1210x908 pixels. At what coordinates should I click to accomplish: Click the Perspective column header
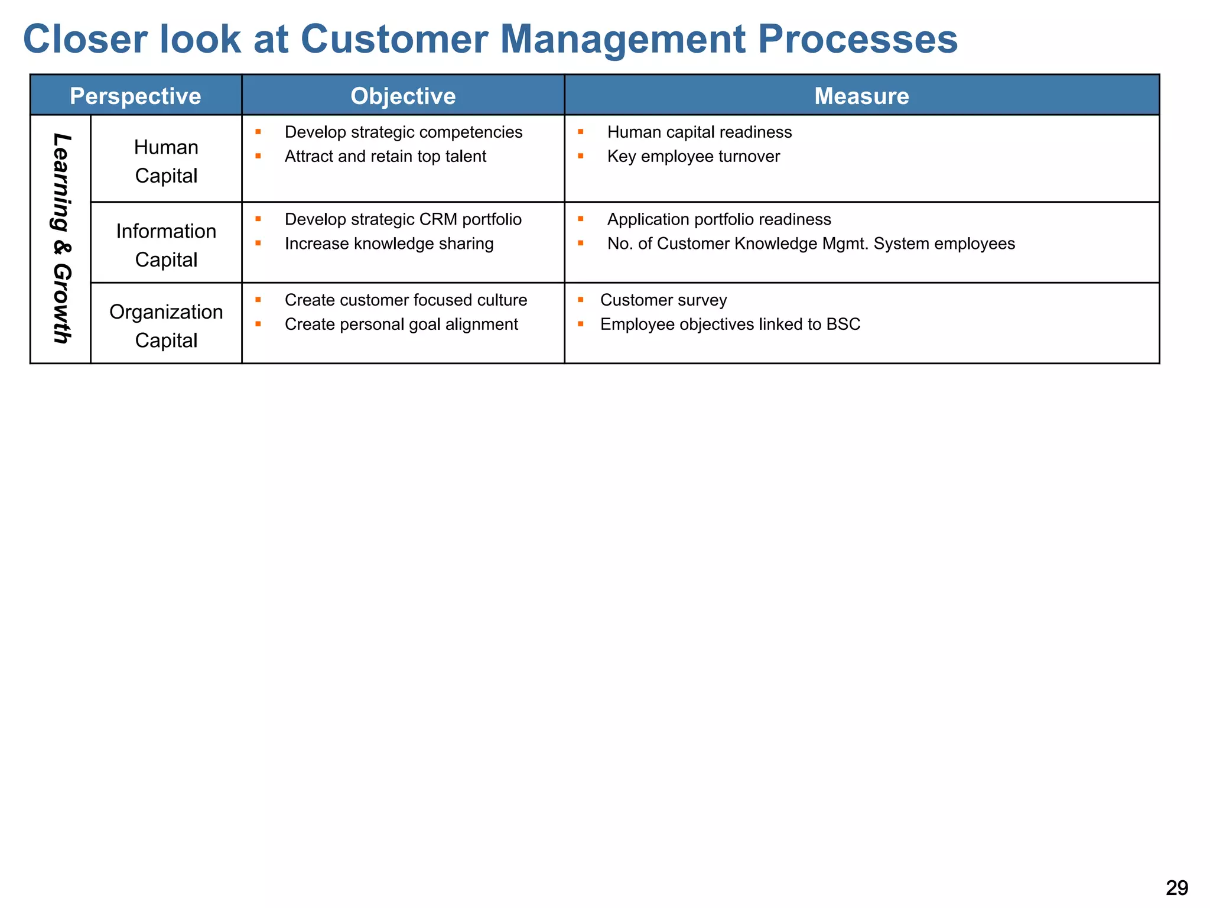(135, 96)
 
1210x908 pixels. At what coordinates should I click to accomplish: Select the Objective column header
(403, 96)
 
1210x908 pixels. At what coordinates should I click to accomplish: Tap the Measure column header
(861, 96)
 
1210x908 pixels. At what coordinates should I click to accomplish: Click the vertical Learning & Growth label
(61, 238)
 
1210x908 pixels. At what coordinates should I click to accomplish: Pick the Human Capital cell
(166, 161)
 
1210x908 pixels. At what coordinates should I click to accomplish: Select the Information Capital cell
(166, 245)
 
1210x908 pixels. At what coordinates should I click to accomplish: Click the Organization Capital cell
(166, 326)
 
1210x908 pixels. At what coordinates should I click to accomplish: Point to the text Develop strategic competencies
(403, 132)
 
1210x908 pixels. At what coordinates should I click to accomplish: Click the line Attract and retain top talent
(385, 156)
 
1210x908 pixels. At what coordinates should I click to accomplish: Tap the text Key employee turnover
(693, 156)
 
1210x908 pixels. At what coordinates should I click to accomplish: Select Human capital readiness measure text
(699, 132)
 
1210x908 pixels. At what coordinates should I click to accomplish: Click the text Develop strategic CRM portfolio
(403, 219)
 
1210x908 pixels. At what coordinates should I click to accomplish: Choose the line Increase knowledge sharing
(389, 244)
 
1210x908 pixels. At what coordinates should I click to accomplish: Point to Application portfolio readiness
(718, 219)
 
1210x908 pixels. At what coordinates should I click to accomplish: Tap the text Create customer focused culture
(405, 300)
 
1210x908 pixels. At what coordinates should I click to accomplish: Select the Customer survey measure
(663, 300)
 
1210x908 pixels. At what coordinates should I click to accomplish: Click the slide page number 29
(1176, 887)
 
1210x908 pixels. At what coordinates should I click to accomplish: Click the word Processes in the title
(857, 39)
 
